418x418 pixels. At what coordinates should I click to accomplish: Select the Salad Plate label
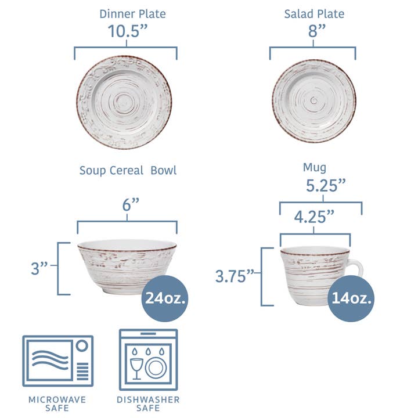pyautogui.click(x=313, y=13)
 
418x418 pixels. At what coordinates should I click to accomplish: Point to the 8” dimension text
pyautogui.click(x=313, y=32)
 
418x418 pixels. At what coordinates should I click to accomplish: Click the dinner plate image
pyautogui.click(x=124, y=102)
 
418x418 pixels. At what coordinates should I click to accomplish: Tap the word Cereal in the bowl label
pyautogui.click(x=128, y=171)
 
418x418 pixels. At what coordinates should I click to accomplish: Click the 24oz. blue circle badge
pyautogui.click(x=165, y=298)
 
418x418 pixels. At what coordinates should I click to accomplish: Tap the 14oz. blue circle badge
pyautogui.click(x=351, y=298)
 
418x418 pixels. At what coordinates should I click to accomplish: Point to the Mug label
pyautogui.click(x=314, y=168)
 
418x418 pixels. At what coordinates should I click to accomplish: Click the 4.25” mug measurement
pyautogui.click(x=314, y=217)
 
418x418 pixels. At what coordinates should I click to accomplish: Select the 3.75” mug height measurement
pyautogui.click(x=236, y=276)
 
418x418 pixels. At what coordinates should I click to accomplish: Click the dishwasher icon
pyautogui.click(x=149, y=360)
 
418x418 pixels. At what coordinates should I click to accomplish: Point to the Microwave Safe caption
pyautogui.click(x=57, y=404)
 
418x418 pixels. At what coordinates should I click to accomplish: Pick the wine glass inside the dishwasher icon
pyautogui.click(x=136, y=367)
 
